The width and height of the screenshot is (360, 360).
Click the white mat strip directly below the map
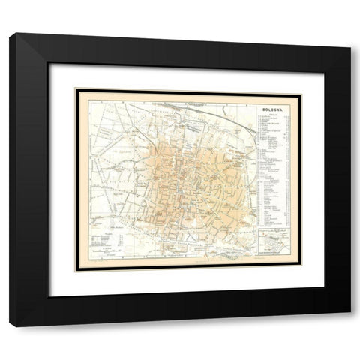click(187, 280)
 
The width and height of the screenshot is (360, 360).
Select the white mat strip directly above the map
click(187, 76)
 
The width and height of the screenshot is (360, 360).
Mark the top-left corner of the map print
click(74, 89)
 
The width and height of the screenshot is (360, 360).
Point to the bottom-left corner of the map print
click(74, 269)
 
